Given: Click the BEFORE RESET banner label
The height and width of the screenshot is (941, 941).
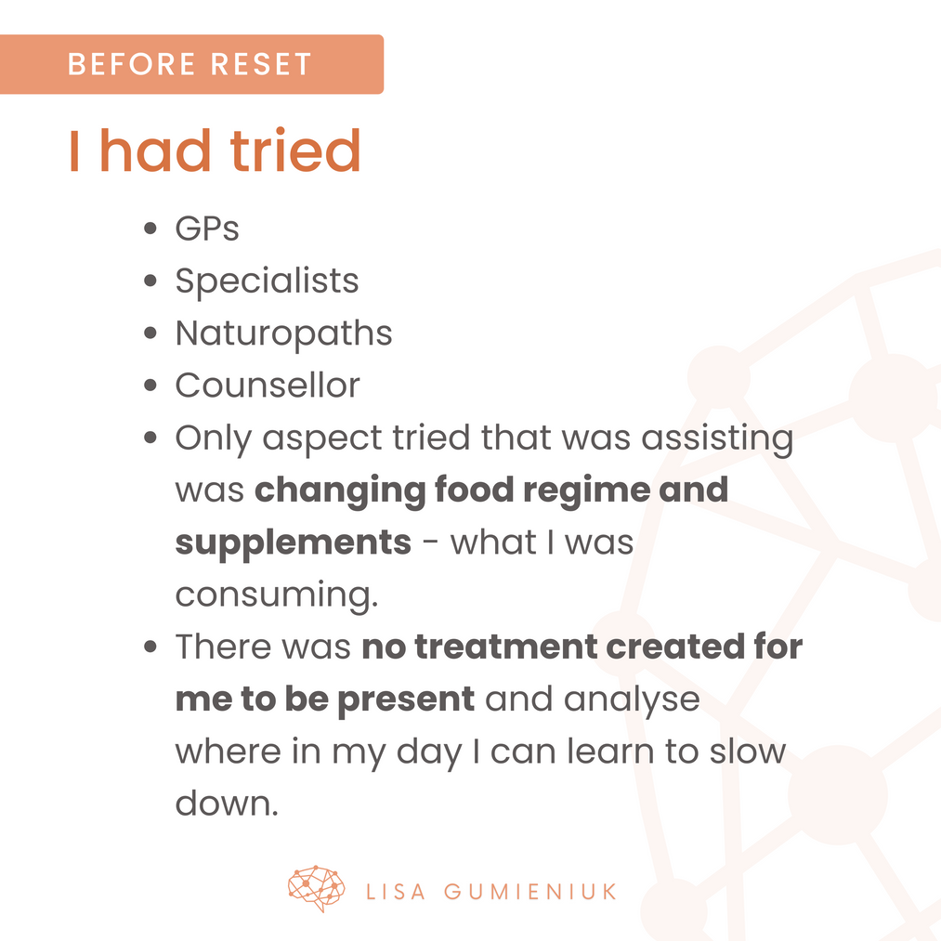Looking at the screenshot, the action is click(190, 64).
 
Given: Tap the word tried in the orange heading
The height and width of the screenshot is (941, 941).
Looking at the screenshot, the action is click(295, 150).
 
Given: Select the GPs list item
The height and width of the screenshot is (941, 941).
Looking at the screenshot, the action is click(207, 228).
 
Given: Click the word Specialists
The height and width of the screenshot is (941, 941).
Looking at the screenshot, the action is click(267, 281).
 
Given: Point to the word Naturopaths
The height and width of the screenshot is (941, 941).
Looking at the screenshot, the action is click(284, 333).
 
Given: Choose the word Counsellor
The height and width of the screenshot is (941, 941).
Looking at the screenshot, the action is click(268, 385).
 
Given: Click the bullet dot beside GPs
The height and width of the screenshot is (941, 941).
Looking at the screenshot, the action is click(150, 228).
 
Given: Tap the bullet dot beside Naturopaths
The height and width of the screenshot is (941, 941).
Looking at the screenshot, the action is click(150, 333).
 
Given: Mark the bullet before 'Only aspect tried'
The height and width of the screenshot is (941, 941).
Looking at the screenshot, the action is click(150, 438).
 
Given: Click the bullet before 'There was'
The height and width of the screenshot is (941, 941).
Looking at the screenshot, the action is click(150, 647).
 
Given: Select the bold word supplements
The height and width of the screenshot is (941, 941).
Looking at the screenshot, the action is click(294, 543).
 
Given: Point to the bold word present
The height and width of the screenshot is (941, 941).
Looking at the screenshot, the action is click(406, 700).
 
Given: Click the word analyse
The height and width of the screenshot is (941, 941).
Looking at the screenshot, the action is click(632, 700).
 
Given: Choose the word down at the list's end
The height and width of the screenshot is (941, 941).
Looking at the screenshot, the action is click(227, 803).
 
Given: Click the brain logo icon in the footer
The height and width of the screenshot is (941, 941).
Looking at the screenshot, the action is click(316, 888).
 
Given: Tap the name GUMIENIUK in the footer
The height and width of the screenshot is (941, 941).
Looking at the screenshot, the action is click(530, 892).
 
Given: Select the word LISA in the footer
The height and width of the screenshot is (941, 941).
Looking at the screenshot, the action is click(396, 892).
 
